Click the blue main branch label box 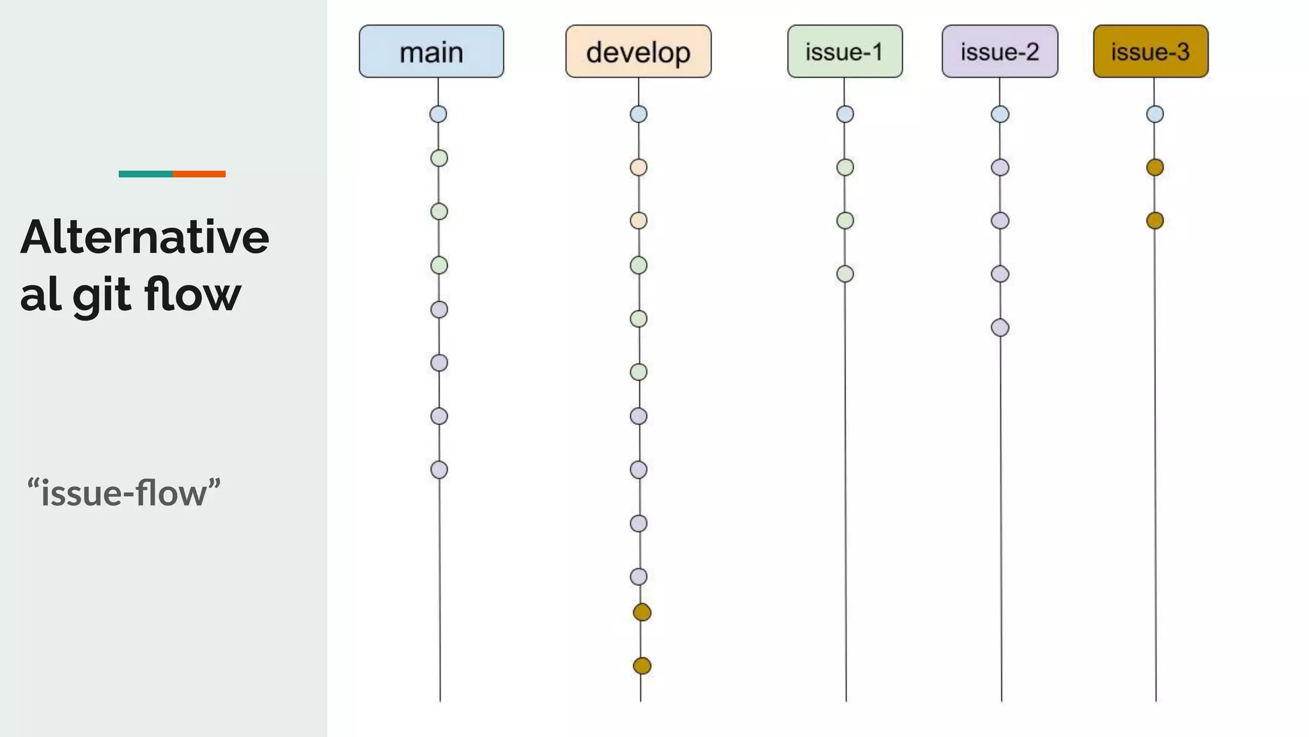tap(431, 52)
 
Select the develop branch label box tap(638, 52)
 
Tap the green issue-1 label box tap(844, 52)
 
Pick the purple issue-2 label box tap(1000, 52)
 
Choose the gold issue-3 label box tap(1150, 52)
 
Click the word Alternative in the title tap(145, 237)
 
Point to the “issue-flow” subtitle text tap(124, 493)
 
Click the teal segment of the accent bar tap(145, 174)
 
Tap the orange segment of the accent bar tap(199, 174)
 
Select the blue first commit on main tap(438, 115)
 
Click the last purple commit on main tap(439, 470)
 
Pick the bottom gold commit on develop tap(642, 666)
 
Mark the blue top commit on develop tap(639, 115)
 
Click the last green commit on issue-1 tap(845, 274)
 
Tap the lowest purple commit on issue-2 tap(1000, 328)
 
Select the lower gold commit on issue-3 tap(1155, 221)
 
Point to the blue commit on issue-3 tap(1155, 115)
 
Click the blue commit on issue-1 tap(845, 115)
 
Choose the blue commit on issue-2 tap(1000, 115)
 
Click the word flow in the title tap(192, 294)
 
